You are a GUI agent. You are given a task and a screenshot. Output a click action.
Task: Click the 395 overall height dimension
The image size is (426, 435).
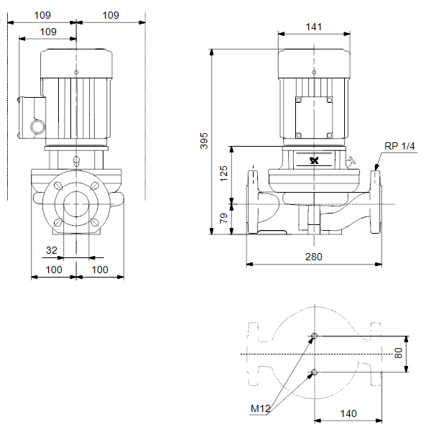[x=204, y=141]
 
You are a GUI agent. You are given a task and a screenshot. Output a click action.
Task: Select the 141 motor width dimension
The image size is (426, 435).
[x=314, y=27]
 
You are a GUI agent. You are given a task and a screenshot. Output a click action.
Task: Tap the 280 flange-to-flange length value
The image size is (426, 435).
[x=314, y=257]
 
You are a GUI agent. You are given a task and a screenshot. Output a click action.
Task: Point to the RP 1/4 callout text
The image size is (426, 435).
[x=399, y=146]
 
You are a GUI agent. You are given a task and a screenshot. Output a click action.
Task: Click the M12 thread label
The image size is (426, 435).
[x=260, y=408]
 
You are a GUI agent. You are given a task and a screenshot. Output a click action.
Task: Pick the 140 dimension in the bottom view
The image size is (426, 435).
[x=348, y=413]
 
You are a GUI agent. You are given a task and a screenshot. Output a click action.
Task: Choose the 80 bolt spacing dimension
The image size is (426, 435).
[x=398, y=353]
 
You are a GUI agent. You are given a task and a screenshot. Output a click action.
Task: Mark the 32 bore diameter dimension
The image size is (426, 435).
[x=52, y=250]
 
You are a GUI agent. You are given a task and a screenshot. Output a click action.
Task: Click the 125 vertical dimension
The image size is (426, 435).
[x=223, y=173]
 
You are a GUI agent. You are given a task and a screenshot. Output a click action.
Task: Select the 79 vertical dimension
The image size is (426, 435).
[x=223, y=218]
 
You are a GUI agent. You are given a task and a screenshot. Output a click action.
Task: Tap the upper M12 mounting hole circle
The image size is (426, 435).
[x=314, y=336]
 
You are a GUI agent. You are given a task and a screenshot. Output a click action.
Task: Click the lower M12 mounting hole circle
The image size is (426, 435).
[x=314, y=372]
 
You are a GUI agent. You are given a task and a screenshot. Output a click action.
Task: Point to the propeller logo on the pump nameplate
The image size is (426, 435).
[x=314, y=160]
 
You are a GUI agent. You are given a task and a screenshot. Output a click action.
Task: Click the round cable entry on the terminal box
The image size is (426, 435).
[x=37, y=127]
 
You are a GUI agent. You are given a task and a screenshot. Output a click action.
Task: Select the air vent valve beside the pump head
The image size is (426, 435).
[x=351, y=162]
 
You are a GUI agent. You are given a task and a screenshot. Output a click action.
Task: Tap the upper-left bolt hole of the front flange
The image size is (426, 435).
[x=58, y=186]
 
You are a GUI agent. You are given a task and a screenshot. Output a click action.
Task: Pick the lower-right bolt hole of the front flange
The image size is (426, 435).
[x=94, y=222]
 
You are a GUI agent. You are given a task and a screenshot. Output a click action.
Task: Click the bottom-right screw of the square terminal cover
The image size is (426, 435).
[x=329, y=135]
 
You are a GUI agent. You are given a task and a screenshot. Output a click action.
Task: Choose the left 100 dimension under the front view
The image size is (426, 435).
[x=54, y=270]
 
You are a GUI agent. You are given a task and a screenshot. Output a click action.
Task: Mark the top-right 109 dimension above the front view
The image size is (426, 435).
[x=111, y=15]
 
